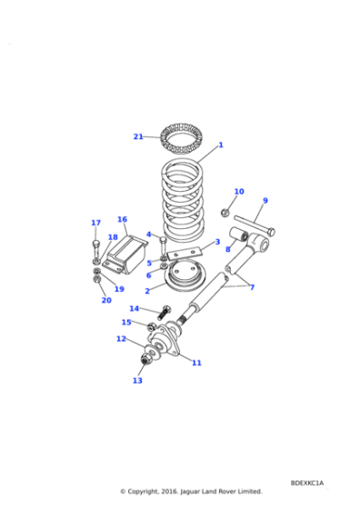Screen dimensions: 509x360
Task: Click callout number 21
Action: coord(138,136)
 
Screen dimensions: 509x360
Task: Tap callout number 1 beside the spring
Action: coord(220,145)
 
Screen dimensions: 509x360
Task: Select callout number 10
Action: coord(239,192)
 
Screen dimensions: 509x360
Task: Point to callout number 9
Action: coord(265,201)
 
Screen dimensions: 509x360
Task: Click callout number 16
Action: coord(122,219)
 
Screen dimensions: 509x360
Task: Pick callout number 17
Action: coord(95,223)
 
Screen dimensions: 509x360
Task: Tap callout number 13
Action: coord(137,381)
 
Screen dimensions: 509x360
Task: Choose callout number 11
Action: coord(196,363)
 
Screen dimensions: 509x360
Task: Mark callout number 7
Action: coord(252,287)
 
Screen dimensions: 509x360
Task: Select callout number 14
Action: coord(135,309)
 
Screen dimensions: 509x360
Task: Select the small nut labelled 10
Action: coord(225,213)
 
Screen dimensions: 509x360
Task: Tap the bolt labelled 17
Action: coord(95,247)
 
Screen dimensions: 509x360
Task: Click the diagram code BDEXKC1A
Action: coord(306,483)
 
